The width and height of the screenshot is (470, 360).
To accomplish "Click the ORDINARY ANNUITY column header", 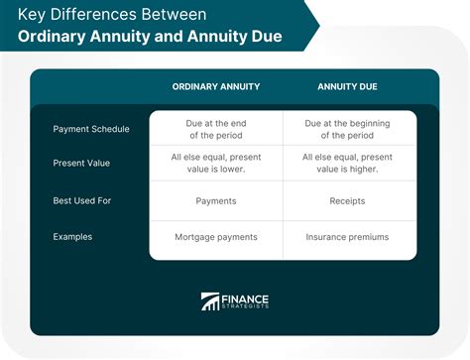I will [x=216, y=86].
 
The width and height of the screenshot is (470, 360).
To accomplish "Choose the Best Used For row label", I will [x=83, y=201].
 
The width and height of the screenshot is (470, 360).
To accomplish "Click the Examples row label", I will [x=74, y=236].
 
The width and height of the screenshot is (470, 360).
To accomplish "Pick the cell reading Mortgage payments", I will [x=216, y=236].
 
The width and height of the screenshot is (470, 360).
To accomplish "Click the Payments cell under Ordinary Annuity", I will [x=216, y=201].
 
